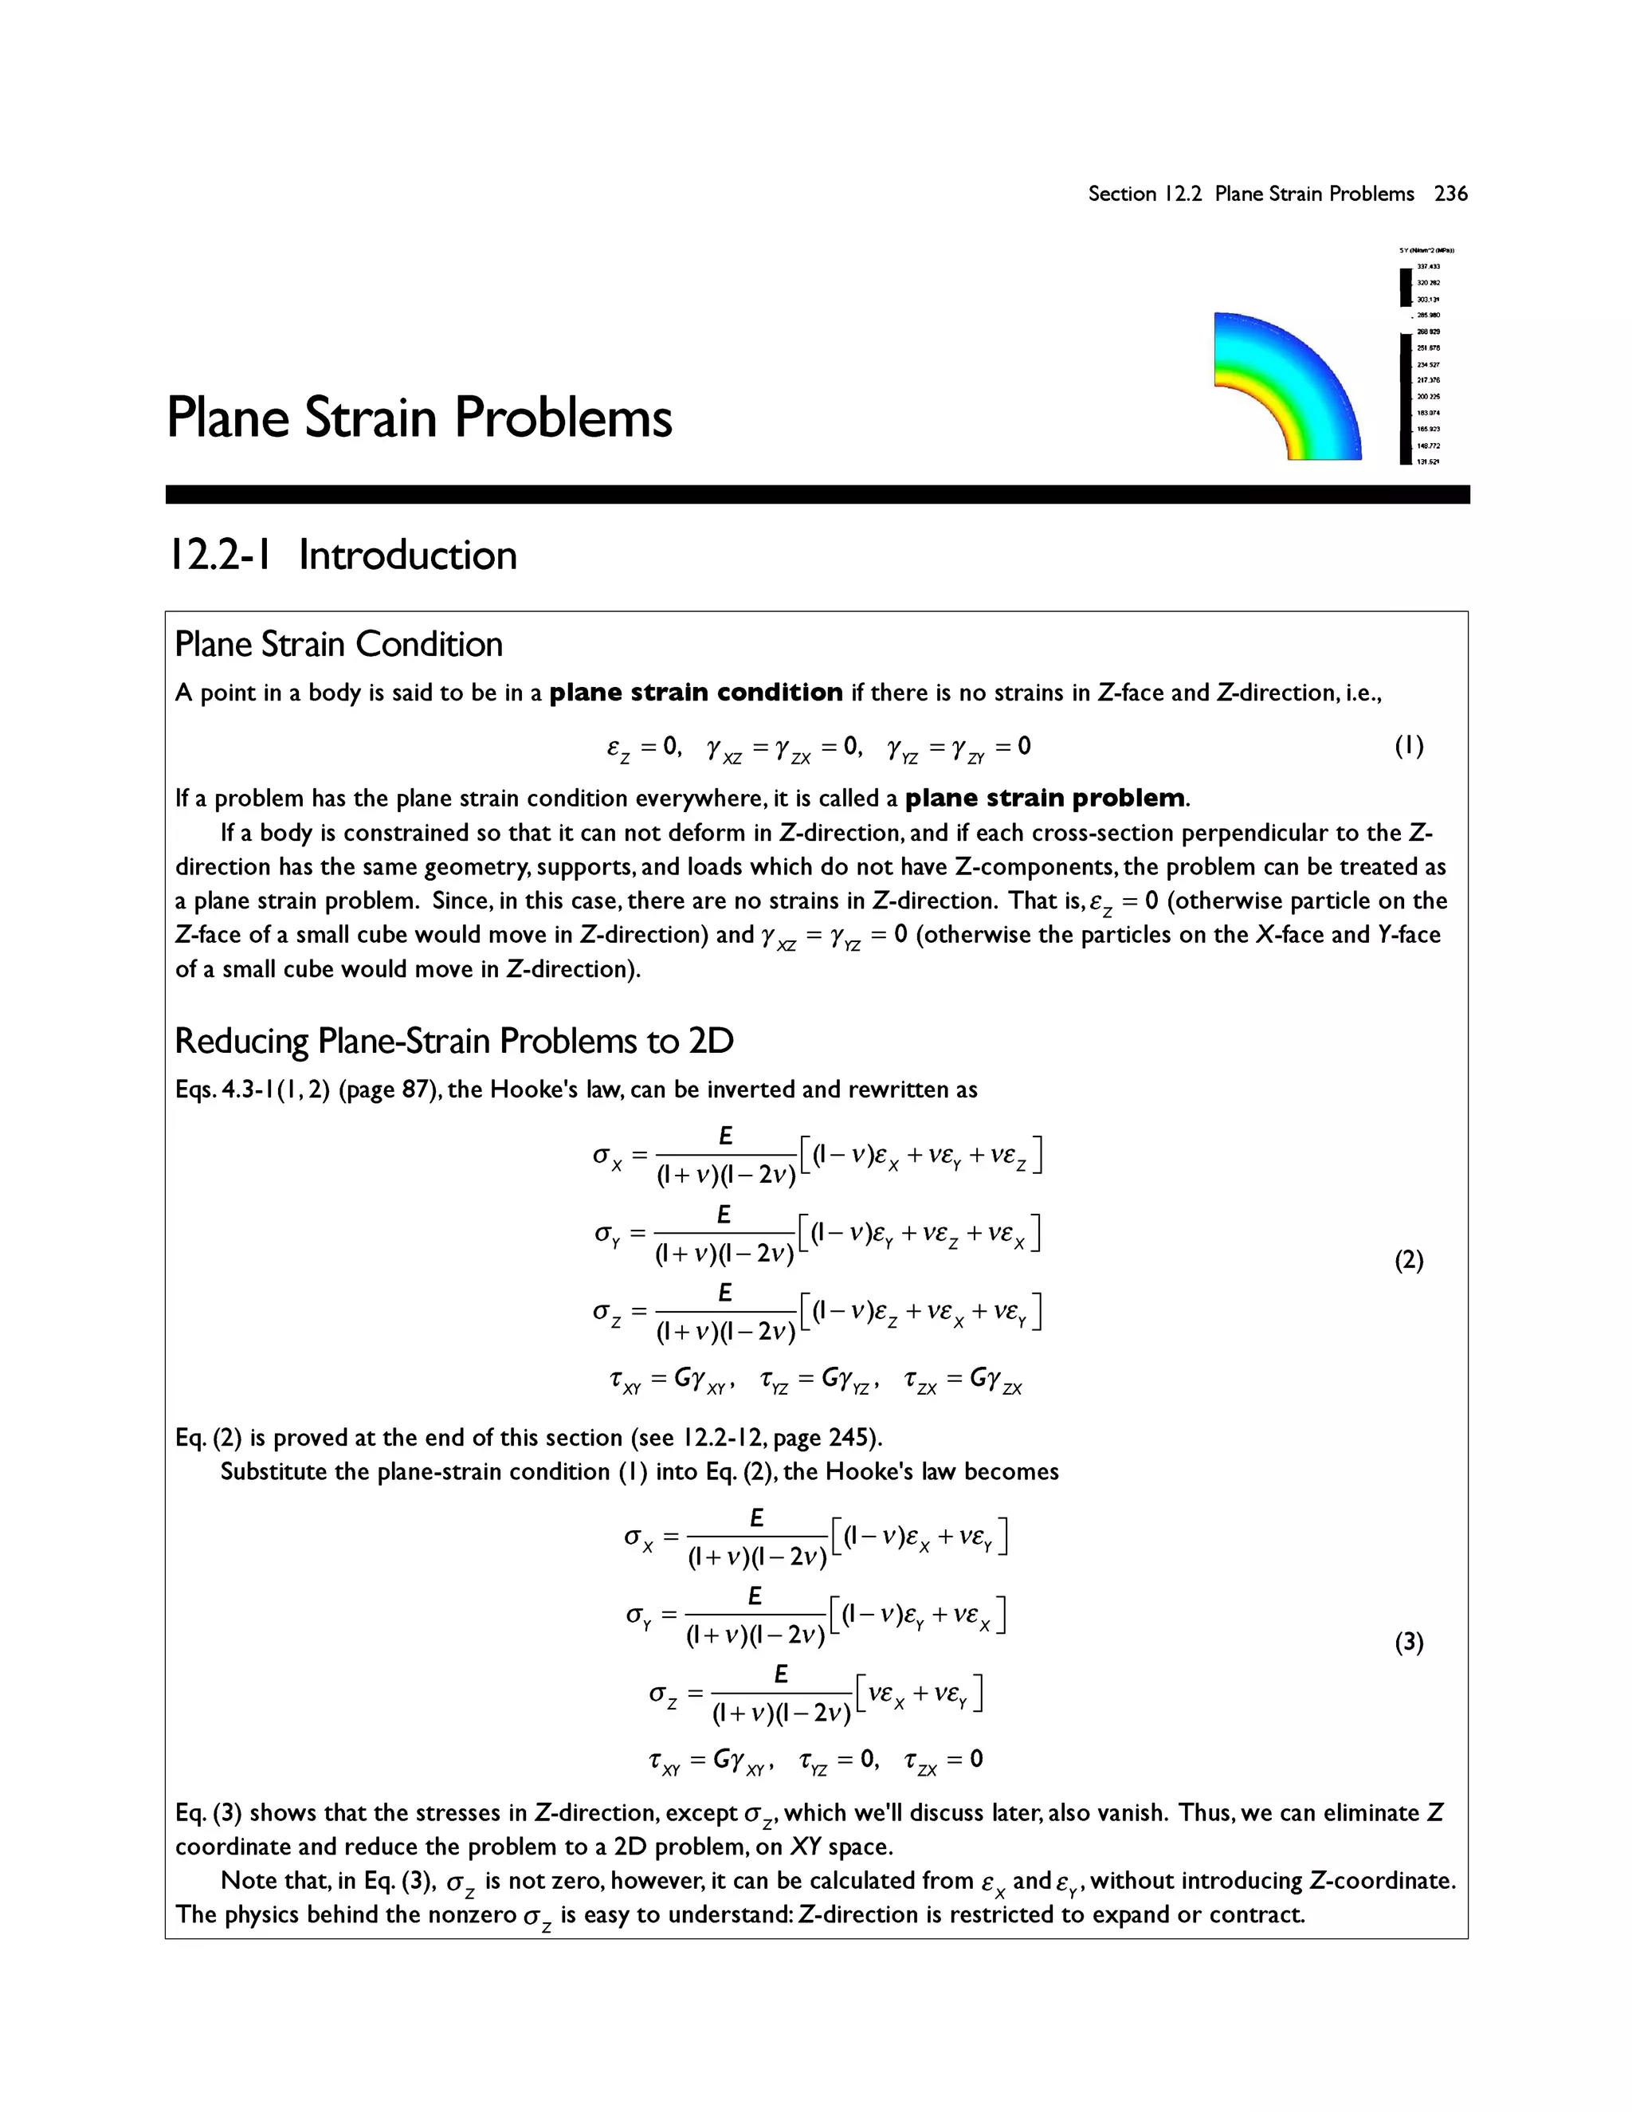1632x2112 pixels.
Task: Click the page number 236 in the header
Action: coord(1450,194)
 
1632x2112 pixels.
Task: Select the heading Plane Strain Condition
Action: coord(339,644)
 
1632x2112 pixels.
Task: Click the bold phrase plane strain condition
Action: coord(696,693)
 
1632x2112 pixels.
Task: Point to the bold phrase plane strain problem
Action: coord(1044,798)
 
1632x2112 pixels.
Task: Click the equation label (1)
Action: coord(1409,746)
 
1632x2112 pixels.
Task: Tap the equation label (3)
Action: coord(1409,1642)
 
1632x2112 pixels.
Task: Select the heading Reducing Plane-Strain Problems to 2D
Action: coord(453,1042)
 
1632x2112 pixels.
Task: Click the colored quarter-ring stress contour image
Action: coord(1286,387)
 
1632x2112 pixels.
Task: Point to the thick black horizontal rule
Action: coord(817,494)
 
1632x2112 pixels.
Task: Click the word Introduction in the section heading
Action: coord(408,555)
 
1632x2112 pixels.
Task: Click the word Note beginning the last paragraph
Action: coord(241,1881)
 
